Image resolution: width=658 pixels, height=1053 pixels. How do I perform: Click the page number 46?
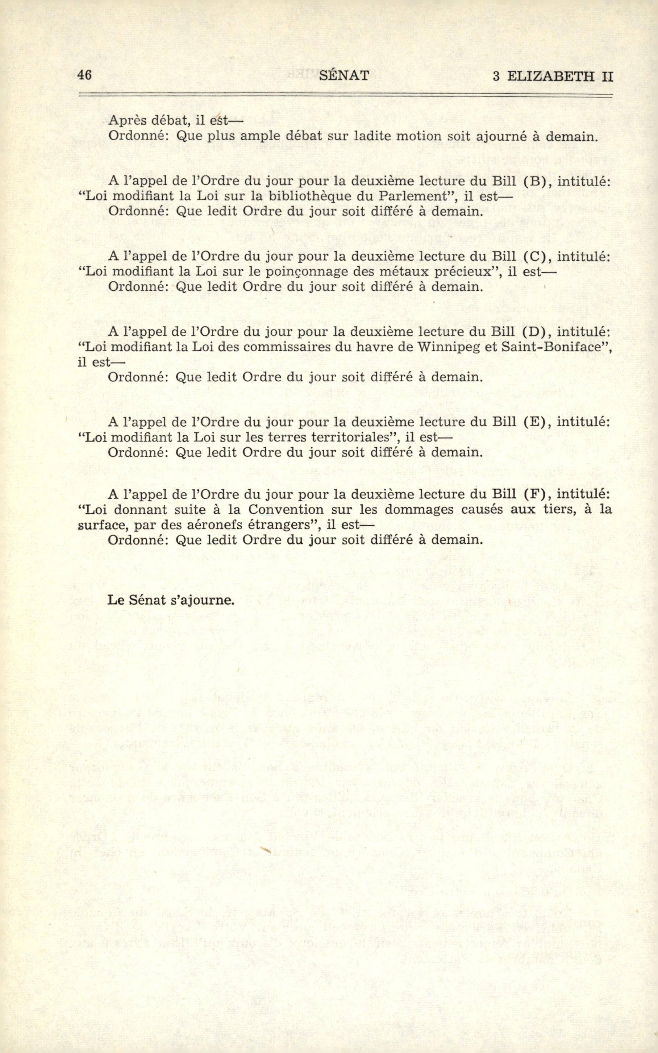coord(84,75)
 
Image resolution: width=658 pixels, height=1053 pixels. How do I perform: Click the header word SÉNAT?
coord(344,76)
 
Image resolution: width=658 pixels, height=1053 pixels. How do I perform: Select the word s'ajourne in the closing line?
coord(204,600)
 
